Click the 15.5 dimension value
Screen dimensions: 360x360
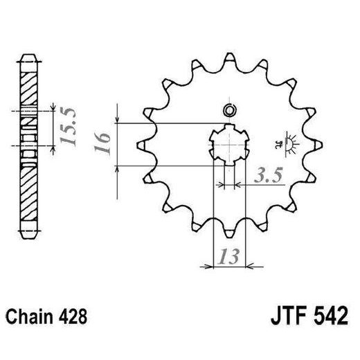click(x=68, y=126)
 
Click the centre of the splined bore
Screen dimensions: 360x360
click(x=228, y=145)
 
